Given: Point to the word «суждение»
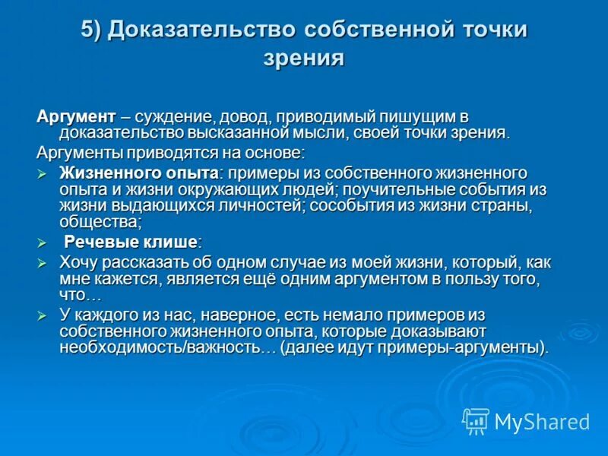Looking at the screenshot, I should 174,117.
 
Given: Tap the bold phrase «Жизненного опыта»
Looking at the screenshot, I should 139,173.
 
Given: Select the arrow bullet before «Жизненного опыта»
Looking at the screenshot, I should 43,173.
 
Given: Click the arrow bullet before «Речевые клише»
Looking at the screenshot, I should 43,242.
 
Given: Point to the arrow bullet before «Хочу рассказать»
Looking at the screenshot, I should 43,262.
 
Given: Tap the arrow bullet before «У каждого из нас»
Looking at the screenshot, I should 43,315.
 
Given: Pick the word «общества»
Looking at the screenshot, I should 99,222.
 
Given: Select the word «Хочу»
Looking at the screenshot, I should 78,262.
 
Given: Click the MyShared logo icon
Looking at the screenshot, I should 476,420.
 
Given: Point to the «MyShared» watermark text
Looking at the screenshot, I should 542,421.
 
